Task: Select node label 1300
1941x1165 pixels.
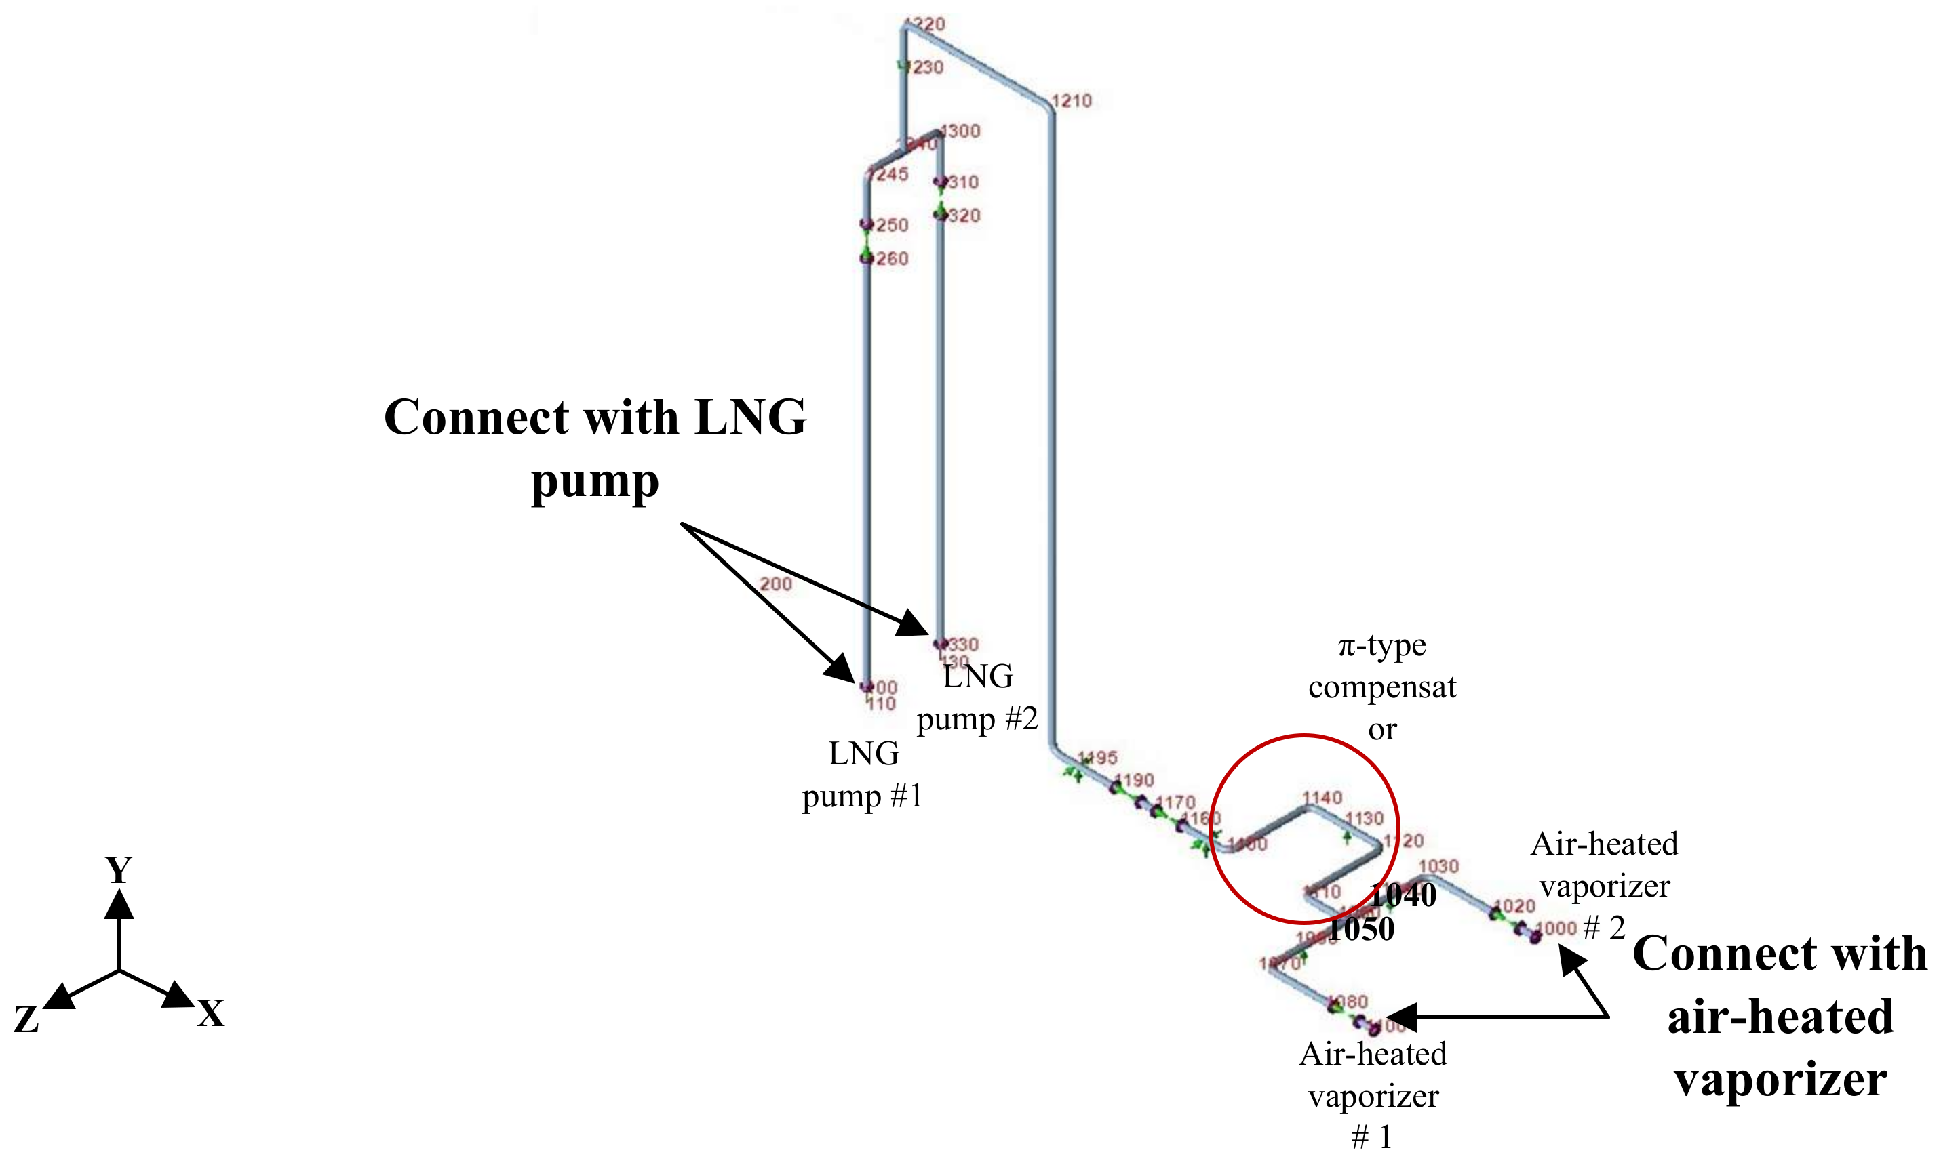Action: tap(960, 131)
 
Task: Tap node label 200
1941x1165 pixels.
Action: tap(775, 584)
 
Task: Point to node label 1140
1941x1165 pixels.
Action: tap(1322, 798)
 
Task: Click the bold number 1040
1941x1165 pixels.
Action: tap(1403, 895)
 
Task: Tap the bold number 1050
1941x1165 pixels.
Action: tap(1361, 929)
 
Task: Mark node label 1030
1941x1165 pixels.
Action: tap(1439, 866)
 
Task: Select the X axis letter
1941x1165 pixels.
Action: tap(210, 1015)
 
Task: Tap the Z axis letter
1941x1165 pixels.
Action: tap(26, 1020)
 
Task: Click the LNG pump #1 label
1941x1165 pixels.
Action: tap(863, 775)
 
